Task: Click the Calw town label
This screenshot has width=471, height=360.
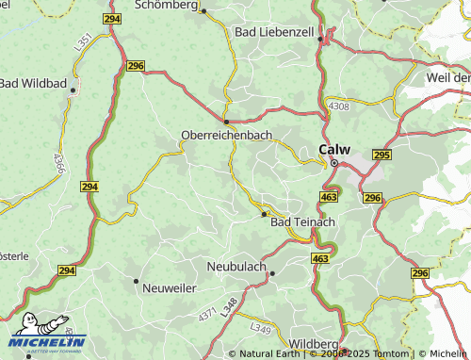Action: [334, 149]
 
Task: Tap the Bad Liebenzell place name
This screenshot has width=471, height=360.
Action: [272, 32]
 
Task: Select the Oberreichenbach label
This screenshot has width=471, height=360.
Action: [226, 136]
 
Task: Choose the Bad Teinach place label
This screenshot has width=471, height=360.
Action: [302, 222]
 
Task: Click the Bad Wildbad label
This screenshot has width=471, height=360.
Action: [32, 84]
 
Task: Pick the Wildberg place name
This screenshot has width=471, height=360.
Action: [313, 342]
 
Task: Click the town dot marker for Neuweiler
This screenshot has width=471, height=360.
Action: [137, 281]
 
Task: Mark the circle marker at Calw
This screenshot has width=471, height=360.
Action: [333, 162]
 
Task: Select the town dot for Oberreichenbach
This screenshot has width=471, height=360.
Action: [226, 122]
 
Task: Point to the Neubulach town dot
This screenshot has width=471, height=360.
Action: [272, 273]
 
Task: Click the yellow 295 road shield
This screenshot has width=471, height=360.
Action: [382, 155]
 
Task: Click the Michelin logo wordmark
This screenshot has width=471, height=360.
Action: [47, 341]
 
